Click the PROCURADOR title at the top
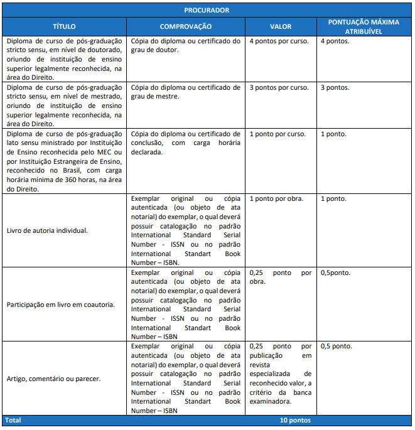tap(207, 10)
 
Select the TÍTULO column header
tap(64, 27)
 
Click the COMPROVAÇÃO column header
tap(186, 27)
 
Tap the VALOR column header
tap(281, 27)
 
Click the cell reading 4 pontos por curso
tap(279, 41)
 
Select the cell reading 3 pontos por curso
tap(279, 88)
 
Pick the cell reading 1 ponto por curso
tap(278, 134)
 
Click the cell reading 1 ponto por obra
tap(276, 199)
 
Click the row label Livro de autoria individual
tap(47, 230)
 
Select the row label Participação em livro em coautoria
tap(60, 304)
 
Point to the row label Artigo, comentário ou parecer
tap(53, 379)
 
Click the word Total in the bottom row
tap(13, 421)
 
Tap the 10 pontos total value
tap(296, 421)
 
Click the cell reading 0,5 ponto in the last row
tap(336, 347)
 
